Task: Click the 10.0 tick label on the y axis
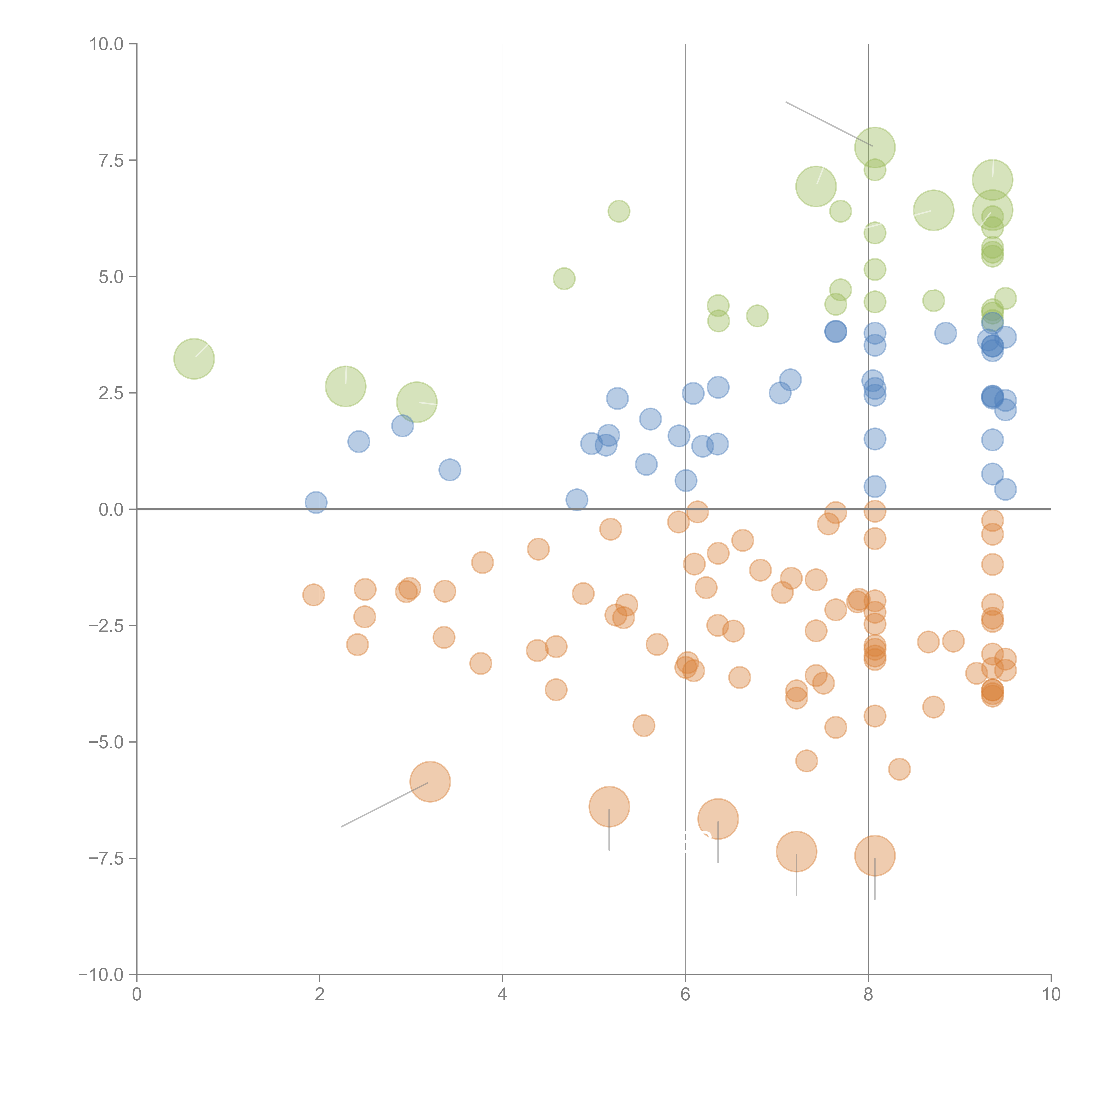click(107, 44)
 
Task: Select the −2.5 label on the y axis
click(106, 626)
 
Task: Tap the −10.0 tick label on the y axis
click(101, 975)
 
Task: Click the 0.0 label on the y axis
click(111, 510)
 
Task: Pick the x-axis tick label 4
click(502, 995)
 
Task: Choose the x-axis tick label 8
click(868, 995)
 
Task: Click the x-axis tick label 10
click(1051, 995)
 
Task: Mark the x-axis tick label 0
click(137, 995)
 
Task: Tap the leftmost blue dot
click(316, 502)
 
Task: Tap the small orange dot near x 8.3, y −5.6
click(899, 769)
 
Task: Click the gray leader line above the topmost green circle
click(827, 124)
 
